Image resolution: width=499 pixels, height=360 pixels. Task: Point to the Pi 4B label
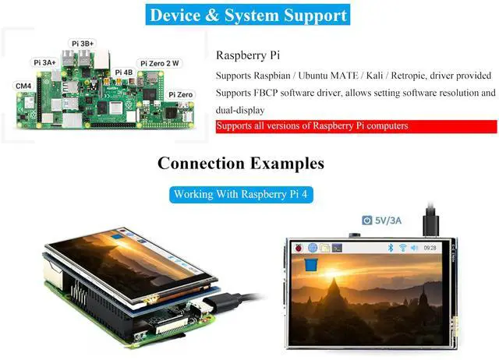click(124, 72)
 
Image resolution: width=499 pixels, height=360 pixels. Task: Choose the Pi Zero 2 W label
click(160, 63)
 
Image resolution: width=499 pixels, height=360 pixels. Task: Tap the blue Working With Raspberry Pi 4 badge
click(243, 194)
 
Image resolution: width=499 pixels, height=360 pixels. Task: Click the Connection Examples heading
click(240, 164)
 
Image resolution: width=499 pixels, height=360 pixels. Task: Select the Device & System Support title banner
click(247, 15)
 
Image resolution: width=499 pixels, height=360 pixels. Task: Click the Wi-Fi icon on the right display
click(403, 248)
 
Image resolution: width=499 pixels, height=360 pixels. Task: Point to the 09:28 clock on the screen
click(430, 248)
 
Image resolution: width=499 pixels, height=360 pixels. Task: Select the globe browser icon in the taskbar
click(312, 248)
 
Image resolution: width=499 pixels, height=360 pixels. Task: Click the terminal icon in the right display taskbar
click(337, 248)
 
